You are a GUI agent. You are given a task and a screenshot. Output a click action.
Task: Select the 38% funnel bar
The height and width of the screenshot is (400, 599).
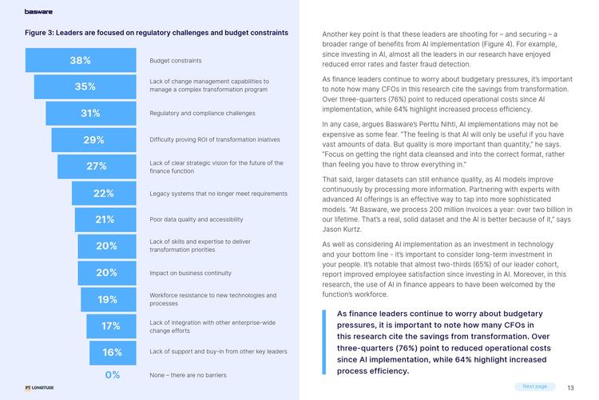click(x=80, y=60)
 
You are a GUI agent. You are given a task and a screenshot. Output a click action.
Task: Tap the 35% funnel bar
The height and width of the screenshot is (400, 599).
click(x=85, y=86)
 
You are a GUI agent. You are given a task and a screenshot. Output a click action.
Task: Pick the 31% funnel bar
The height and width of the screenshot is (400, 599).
click(x=90, y=113)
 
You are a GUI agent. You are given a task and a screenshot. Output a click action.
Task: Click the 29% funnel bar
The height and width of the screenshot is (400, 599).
click(x=93, y=140)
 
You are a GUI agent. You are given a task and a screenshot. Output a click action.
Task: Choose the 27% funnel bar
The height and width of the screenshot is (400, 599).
click(x=97, y=166)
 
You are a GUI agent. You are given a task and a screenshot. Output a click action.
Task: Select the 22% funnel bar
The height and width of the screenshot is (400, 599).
click(x=104, y=193)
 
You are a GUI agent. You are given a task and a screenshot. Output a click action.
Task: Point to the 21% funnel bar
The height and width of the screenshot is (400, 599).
click(x=105, y=219)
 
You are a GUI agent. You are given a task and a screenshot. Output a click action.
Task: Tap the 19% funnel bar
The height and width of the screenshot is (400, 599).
click(x=108, y=299)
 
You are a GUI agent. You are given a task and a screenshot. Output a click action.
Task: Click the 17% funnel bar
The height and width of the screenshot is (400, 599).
click(x=111, y=326)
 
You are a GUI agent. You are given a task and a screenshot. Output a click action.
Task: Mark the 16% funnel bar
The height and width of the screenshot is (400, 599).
click(x=113, y=352)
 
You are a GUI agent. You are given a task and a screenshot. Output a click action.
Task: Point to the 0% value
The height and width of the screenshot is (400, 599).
click(x=113, y=374)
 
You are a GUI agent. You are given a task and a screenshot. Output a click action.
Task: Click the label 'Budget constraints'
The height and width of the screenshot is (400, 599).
click(x=176, y=60)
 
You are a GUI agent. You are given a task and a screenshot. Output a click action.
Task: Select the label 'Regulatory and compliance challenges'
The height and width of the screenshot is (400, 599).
click(x=202, y=113)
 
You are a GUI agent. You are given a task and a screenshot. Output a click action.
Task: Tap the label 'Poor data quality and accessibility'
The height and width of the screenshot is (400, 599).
click(x=196, y=219)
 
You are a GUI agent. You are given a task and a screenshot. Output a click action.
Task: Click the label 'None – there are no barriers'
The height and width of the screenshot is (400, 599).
click(x=188, y=374)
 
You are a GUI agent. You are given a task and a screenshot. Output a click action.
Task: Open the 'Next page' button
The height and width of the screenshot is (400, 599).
click(x=534, y=386)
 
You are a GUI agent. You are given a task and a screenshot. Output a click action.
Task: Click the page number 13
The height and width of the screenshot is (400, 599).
click(x=570, y=387)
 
